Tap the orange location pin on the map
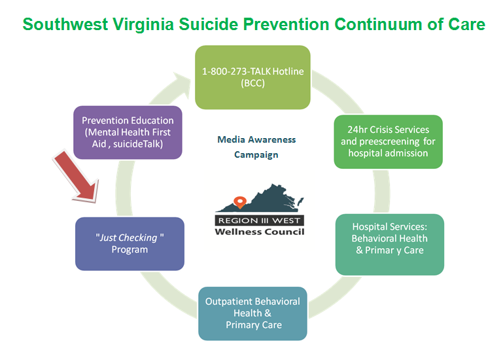pos(240,203)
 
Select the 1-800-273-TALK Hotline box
pos(252,77)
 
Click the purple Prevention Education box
pos(128,132)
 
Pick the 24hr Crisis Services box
pos(388,141)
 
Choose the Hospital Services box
pos(390,244)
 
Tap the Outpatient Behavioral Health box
pos(252,314)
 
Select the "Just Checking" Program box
pos(130,243)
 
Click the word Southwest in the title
pos(65,24)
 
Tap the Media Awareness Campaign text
pos(256,147)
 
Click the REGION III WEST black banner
pos(259,221)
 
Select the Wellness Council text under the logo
pos(260,232)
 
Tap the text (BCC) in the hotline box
pos(252,83)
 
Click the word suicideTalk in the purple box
pos(138,144)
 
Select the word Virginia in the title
pos(143,24)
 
